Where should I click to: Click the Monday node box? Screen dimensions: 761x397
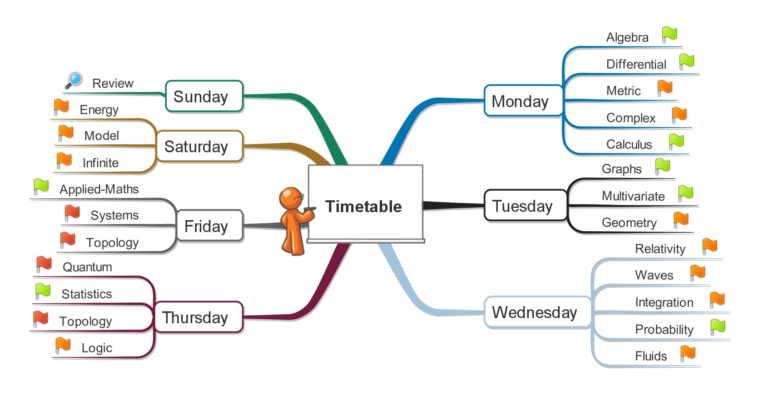(x=523, y=101)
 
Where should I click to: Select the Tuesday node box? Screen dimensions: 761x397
(x=526, y=205)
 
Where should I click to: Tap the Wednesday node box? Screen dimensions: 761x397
(x=537, y=312)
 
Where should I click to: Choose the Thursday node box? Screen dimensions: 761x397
(x=198, y=317)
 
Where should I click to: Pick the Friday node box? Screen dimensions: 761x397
(x=209, y=226)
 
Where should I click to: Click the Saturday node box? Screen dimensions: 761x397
(x=199, y=146)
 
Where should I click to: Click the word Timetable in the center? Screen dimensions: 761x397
(x=363, y=206)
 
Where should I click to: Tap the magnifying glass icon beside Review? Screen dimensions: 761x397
(x=74, y=81)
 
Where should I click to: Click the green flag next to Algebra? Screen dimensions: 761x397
(x=669, y=35)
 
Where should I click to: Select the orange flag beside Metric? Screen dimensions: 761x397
(x=665, y=88)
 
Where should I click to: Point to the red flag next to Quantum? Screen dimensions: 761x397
(x=44, y=264)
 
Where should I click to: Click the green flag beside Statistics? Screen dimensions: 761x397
(x=42, y=291)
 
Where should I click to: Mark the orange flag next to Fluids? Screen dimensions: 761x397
(x=688, y=353)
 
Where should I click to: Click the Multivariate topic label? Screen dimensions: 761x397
(x=633, y=196)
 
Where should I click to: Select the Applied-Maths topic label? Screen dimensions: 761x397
(x=99, y=189)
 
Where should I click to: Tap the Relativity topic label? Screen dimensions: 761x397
(x=660, y=249)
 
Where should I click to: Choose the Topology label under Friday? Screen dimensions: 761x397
(x=112, y=242)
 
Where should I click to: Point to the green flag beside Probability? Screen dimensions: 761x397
(x=717, y=327)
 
